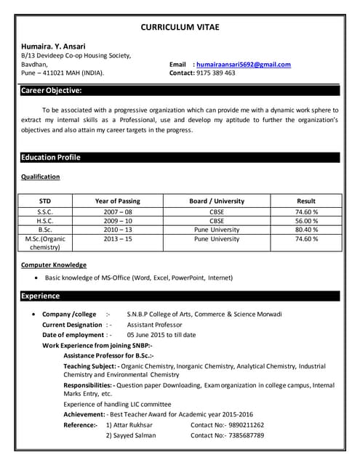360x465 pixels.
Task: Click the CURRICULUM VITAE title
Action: click(179, 27)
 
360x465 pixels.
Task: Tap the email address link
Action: click(244, 65)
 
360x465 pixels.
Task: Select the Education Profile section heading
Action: click(51, 158)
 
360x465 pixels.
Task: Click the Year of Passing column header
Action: click(117, 201)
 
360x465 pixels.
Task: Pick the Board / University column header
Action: click(217, 201)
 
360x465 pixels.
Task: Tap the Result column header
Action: click(306, 201)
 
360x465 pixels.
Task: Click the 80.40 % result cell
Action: click(306, 229)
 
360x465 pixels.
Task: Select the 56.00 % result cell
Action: click(306, 220)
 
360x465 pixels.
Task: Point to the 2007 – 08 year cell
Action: click(117, 211)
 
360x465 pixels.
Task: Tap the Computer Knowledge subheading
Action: click(54, 265)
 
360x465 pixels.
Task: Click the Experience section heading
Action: click(41, 296)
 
